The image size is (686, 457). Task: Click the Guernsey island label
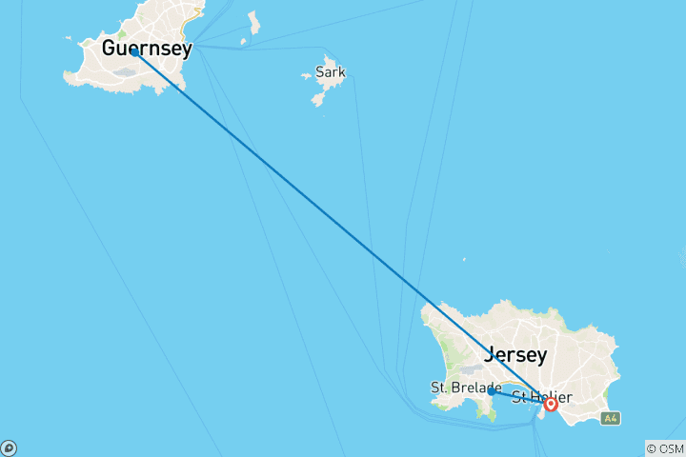pyautogui.click(x=146, y=47)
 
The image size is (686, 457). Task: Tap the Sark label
pyautogui.click(x=331, y=72)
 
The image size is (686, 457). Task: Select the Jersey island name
pyautogui.click(x=516, y=355)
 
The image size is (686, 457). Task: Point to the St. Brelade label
pyautogui.click(x=465, y=387)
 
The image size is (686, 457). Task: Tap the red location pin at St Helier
pyautogui.click(x=551, y=405)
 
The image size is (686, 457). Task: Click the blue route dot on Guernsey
pyautogui.click(x=134, y=53)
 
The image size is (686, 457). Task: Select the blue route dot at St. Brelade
pyautogui.click(x=491, y=391)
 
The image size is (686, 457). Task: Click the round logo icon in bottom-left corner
pyautogui.click(x=9, y=447)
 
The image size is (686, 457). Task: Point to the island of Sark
pyautogui.click(x=322, y=88)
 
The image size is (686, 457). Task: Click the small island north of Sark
pyautogui.click(x=253, y=22)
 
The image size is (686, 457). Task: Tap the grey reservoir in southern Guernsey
pyautogui.click(x=124, y=70)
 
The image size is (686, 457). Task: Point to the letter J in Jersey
pyautogui.click(x=491, y=355)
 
